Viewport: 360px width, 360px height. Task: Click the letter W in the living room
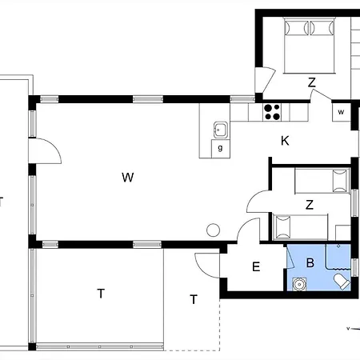[x=128, y=178]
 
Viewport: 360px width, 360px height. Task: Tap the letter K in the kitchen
[x=285, y=141]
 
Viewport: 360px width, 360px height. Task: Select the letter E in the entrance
[x=256, y=266]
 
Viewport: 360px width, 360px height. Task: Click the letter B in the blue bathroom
[x=310, y=262]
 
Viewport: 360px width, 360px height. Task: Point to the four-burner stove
[x=272, y=112]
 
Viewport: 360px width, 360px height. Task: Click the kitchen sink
[x=221, y=130]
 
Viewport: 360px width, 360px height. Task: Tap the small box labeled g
[x=220, y=148]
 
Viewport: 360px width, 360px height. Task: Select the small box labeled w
[x=341, y=112]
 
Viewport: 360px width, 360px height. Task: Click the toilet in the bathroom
[x=342, y=282]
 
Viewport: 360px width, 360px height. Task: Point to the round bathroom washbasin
[x=299, y=284]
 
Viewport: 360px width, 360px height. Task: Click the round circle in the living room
[x=214, y=230]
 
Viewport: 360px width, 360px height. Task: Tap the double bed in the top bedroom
[x=310, y=46]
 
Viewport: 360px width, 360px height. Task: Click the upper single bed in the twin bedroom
[x=322, y=181]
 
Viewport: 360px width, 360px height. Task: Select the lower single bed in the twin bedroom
[x=300, y=226]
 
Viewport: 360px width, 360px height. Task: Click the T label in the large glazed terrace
[x=101, y=294]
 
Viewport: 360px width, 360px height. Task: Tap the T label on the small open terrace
[x=194, y=299]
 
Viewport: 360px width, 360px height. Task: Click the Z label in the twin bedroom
[x=310, y=205]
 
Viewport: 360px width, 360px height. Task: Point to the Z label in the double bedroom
[x=312, y=82]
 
